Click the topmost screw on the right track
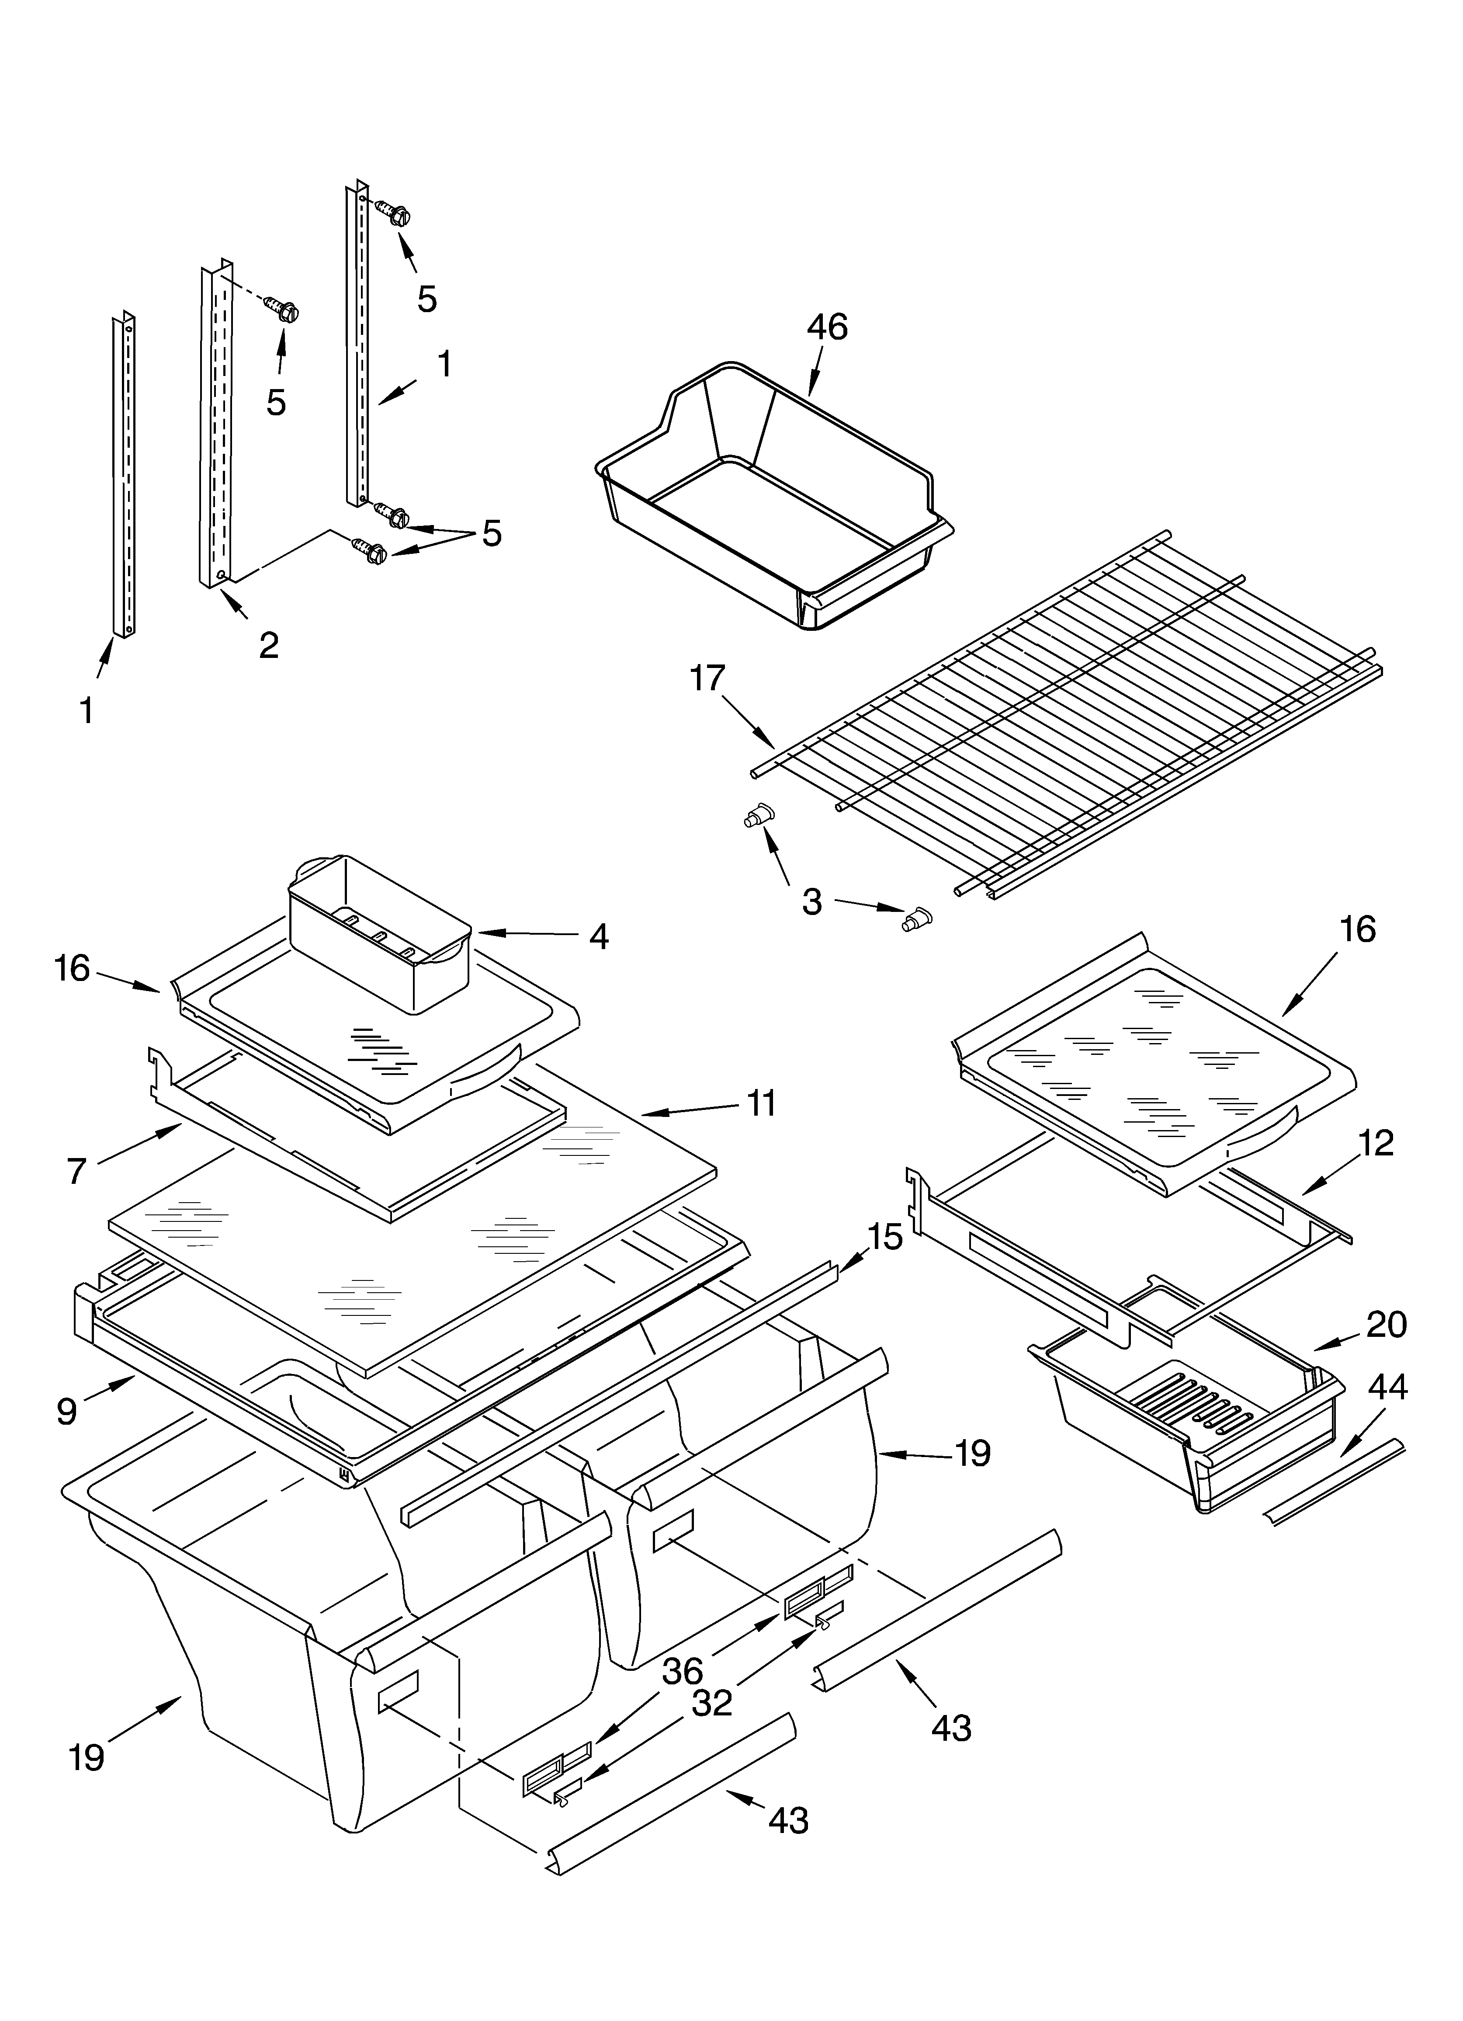pyautogui.click(x=392, y=214)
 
